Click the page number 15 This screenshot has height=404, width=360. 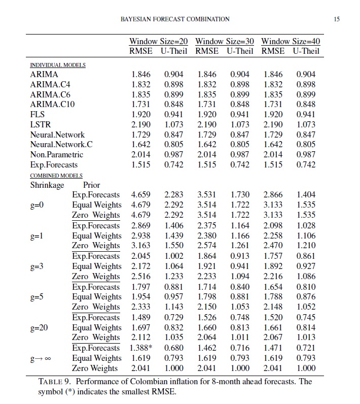[x=337, y=19]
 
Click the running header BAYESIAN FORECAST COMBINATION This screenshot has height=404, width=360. [x=174, y=19]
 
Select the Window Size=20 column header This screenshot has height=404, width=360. [x=158, y=41]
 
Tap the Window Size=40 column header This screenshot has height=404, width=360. [x=291, y=41]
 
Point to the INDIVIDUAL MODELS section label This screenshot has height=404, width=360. [x=58, y=65]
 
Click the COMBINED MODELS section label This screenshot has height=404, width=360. [x=56, y=175]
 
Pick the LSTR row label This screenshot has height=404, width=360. [x=41, y=124]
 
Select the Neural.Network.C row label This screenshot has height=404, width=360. [x=61, y=145]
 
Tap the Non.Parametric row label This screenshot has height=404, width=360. [x=56, y=155]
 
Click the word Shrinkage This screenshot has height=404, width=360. [x=47, y=185]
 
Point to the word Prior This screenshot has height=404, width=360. [x=91, y=185]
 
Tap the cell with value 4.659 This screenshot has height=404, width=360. [x=141, y=195]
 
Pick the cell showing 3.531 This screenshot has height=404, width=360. [x=206, y=195]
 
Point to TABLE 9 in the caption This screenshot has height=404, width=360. [x=55, y=382]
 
